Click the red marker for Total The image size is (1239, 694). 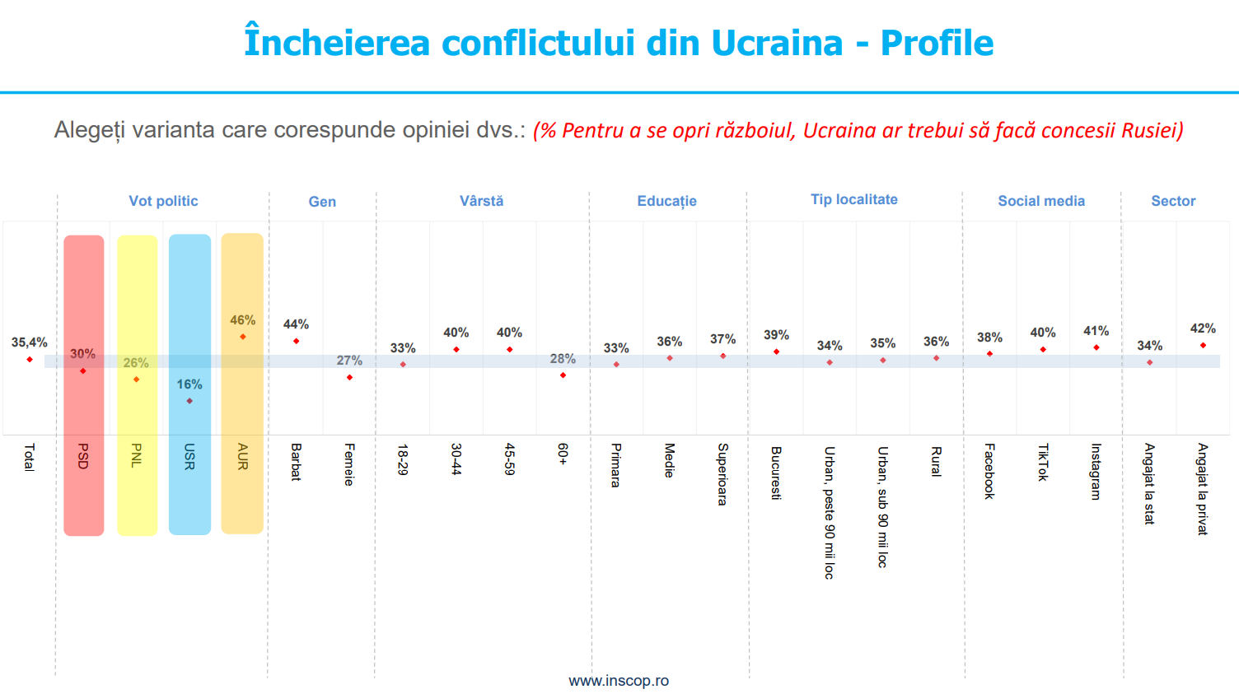click(x=30, y=360)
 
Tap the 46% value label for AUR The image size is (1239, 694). click(x=243, y=320)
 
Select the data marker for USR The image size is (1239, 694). click(x=189, y=401)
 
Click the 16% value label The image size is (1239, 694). click(x=189, y=384)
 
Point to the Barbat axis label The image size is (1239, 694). click(x=296, y=462)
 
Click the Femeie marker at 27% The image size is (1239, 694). click(x=349, y=377)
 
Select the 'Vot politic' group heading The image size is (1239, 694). click(x=163, y=201)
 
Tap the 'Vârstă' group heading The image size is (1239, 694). click(x=481, y=201)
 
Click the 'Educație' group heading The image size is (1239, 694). click(x=666, y=201)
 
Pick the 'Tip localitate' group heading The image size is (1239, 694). click(x=854, y=199)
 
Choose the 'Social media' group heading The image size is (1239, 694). click(x=1041, y=201)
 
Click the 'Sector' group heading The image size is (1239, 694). click(x=1173, y=201)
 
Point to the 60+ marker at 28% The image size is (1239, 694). click(x=563, y=375)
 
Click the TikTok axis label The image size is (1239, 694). click(x=1043, y=462)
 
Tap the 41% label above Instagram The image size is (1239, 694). click(x=1096, y=331)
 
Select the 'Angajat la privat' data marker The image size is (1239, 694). click(x=1203, y=345)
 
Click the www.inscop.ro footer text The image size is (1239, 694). click(x=619, y=681)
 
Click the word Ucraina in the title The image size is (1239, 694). click(x=777, y=43)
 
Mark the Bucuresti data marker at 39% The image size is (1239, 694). click(x=777, y=352)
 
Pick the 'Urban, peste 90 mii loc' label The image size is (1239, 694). click(x=829, y=513)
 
